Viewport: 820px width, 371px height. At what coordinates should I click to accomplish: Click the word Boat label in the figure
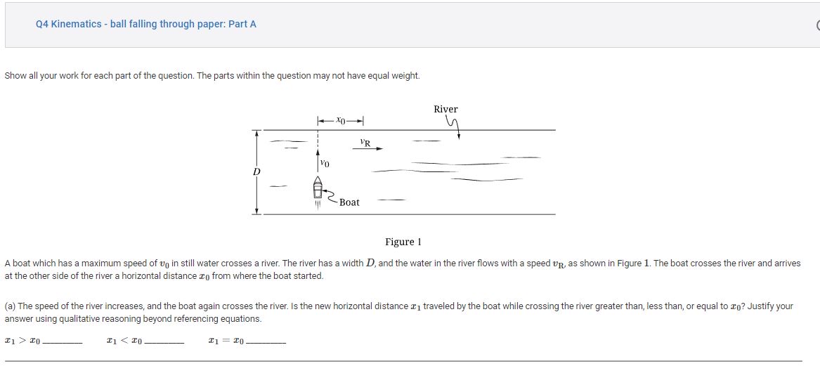click(349, 202)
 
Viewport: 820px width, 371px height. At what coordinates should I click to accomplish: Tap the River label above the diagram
click(445, 109)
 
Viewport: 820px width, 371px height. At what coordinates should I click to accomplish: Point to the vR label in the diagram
click(365, 143)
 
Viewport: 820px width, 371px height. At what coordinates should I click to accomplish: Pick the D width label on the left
click(256, 171)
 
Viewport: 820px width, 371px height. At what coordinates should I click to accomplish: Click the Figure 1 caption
click(403, 242)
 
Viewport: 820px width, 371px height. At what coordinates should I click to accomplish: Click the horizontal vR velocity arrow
click(367, 149)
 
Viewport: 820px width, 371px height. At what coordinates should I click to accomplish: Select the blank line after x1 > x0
click(62, 342)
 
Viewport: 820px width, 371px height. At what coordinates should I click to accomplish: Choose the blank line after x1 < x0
click(164, 342)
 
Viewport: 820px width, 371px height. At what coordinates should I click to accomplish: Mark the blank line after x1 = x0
click(266, 342)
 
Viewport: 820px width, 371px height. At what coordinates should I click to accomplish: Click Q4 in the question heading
click(41, 24)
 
